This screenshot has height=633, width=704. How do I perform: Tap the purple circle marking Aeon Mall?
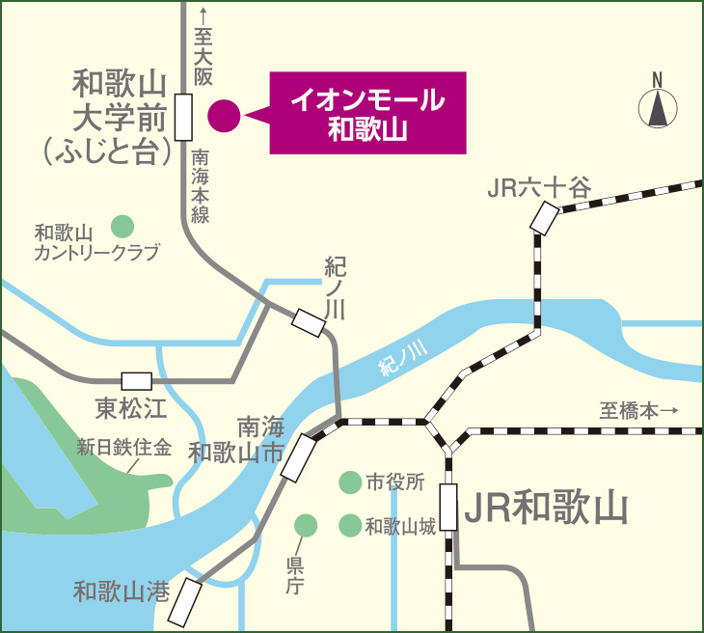[223, 116]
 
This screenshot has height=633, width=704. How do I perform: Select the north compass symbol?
[658, 102]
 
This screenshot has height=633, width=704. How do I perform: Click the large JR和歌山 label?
[546, 506]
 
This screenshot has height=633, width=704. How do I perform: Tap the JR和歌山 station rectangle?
[448, 508]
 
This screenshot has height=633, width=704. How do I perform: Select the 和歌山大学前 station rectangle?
[184, 117]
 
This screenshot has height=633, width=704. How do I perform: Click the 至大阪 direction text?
[203, 48]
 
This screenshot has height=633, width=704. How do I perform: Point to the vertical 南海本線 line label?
[201, 186]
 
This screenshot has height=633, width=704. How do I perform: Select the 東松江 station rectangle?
[136, 380]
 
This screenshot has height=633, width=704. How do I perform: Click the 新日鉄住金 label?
[123, 448]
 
